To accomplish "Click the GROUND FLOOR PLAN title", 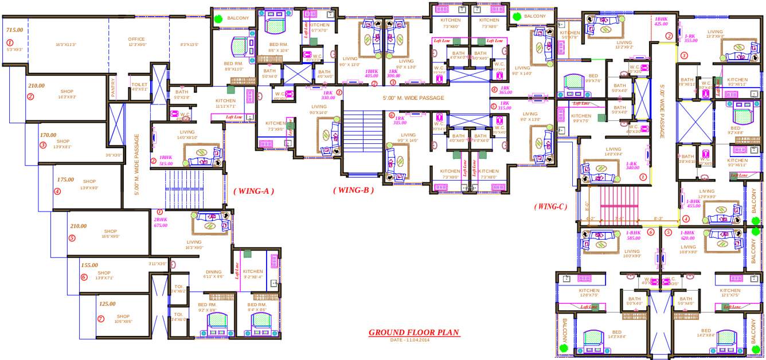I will pyautogui.click(x=413, y=332).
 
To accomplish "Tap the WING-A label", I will pyautogui.click(x=253, y=191).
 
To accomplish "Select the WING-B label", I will pyautogui.click(x=353, y=190).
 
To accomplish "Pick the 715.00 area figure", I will pyautogui.click(x=14, y=30).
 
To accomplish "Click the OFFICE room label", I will pyautogui.click(x=136, y=40).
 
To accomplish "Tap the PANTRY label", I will pyautogui.click(x=114, y=89).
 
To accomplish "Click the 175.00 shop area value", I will pyautogui.click(x=65, y=179).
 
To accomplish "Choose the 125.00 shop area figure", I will pyautogui.click(x=107, y=304).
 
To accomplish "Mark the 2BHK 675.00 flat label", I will pyautogui.click(x=161, y=222).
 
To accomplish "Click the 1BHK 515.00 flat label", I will pyautogui.click(x=166, y=161).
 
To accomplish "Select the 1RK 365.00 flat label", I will pyautogui.click(x=505, y=90).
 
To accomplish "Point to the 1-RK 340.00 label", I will pyautogui.click(x=632, y=166).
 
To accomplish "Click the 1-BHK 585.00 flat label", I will pyautogui.click(x=633, y=235).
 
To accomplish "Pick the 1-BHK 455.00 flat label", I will pyautogui.click(x=693, y=204).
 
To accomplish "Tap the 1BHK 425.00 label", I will pyautogui.click(x=661, y=21).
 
